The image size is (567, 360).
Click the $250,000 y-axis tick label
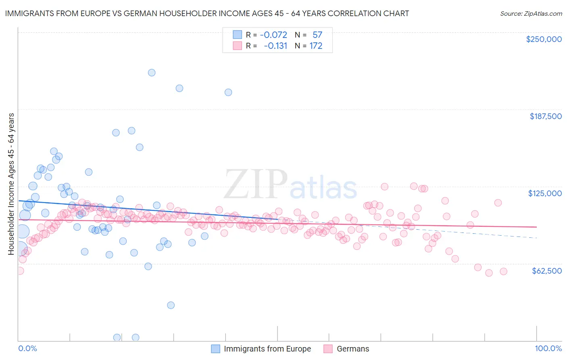coord(544,39)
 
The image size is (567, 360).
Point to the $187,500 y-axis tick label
coord(545,116)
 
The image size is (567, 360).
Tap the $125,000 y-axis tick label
coord(545,193)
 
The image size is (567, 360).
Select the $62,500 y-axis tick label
coord(546,271)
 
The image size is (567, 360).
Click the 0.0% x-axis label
coord(28,348)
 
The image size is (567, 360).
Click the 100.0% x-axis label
coord(548,348)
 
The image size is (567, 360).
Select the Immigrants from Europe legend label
coord(267,349)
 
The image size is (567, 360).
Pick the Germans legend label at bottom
coord(353,349)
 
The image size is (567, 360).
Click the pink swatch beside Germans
coord(328,349)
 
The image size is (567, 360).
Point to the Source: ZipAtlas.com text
coord(531,13)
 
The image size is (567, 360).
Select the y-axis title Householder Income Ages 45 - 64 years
coord(11,184)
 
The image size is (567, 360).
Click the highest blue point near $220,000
coord(152,73)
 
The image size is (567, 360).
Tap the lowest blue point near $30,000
coord(171,305)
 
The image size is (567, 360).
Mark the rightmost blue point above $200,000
coord(228,92)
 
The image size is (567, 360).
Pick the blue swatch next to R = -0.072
coord(237,35)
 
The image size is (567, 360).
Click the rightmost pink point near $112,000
coord(498,203)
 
